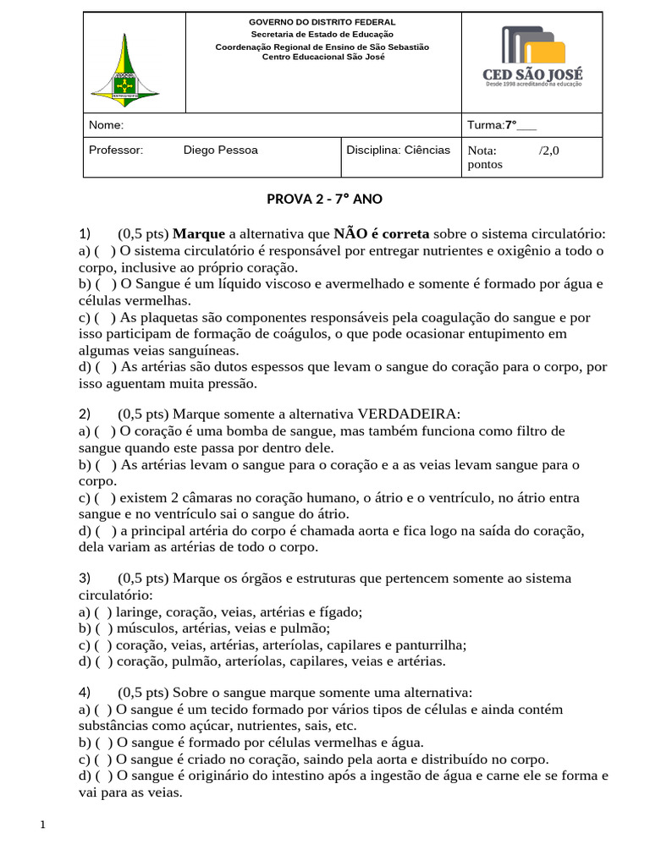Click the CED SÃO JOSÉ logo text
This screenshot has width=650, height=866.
click(x=533, y=75)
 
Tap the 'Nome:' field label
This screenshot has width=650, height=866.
click(x=107, y=125)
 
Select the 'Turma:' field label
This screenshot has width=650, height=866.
click(x=486, y=125)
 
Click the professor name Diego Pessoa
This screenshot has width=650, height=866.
click(x=220, y=151)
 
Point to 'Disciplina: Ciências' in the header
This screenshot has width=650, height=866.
click(x=398, y=150)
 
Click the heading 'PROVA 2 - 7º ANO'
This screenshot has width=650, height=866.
click(x=325, y=200)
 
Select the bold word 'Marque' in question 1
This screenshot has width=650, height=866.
click(x=199, y=233)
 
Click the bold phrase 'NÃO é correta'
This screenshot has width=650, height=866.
click(x=382, y=233)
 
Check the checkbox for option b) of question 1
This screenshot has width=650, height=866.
click(x=106, y=284)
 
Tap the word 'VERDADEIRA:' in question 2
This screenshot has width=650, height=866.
click(x=410, y=414)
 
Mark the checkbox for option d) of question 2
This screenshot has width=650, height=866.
click(x=106, y=531)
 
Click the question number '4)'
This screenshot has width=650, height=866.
click(x=85, y=691)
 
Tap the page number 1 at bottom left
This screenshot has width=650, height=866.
click(x=42, y=825)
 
